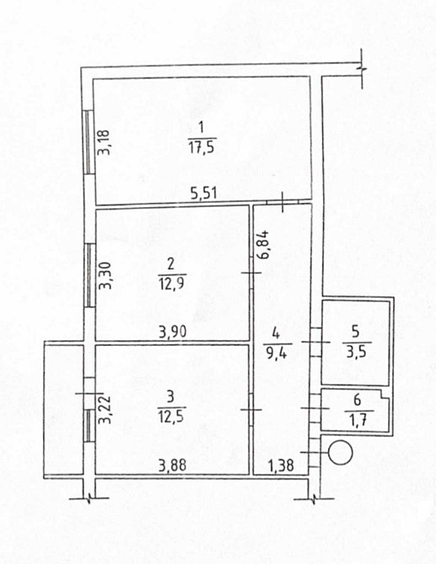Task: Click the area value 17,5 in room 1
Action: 202,145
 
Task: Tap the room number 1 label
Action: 202,128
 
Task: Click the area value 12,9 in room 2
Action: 169,284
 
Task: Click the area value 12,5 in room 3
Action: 169,413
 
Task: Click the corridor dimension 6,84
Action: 265,243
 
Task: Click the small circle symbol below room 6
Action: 341,454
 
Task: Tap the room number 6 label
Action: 354,399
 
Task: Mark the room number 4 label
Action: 276,335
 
